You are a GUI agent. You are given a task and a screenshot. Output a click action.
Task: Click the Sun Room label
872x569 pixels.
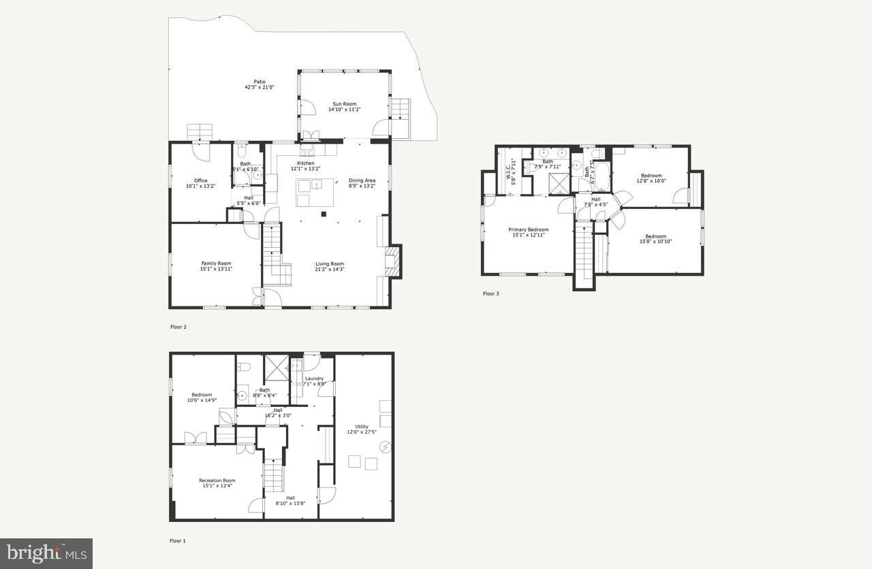(x=344, y=103)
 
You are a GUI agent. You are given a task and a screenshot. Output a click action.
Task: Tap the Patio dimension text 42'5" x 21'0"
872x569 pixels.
(x=260, y=87)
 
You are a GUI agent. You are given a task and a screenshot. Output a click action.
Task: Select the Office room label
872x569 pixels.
(x=200, y=180)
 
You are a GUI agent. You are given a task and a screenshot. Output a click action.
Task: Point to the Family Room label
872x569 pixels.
(x=216, y=263)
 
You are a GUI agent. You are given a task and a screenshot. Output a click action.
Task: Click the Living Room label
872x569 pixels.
(x=329, y=264)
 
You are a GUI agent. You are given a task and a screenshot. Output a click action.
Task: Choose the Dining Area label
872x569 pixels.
(x=362, y=180)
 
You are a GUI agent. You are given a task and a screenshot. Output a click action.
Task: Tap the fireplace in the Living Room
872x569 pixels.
(x=394, y=262)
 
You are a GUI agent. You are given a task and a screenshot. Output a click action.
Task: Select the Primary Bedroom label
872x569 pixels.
(x=528, y=230)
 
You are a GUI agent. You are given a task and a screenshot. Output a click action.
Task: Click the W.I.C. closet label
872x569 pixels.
(x=508, y=171)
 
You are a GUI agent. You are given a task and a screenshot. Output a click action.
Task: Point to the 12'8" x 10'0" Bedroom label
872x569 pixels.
(x=651, y=176)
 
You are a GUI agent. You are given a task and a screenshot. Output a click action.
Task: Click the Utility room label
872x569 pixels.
(x=361, y=427)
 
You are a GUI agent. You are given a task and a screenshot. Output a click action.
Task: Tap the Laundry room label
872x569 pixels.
(x=314, y=378)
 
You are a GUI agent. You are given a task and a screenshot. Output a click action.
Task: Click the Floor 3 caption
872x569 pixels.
(x=490, y=294)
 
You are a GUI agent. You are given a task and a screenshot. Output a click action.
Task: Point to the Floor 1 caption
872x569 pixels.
(x=177, y=541)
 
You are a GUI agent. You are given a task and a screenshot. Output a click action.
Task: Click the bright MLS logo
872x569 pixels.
(x=46, y=553)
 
